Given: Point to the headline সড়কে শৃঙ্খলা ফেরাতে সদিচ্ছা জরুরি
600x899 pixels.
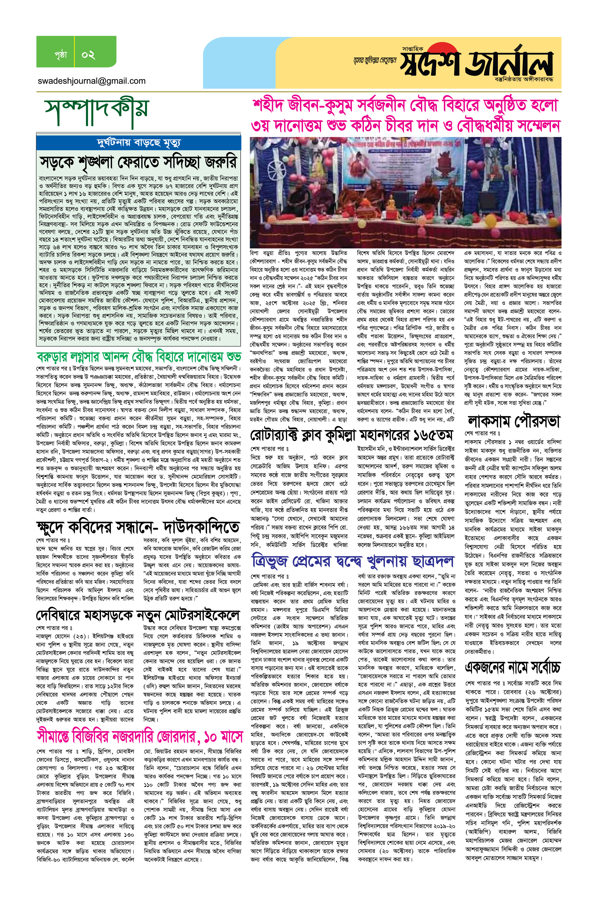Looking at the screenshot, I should [x=138, y=162].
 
